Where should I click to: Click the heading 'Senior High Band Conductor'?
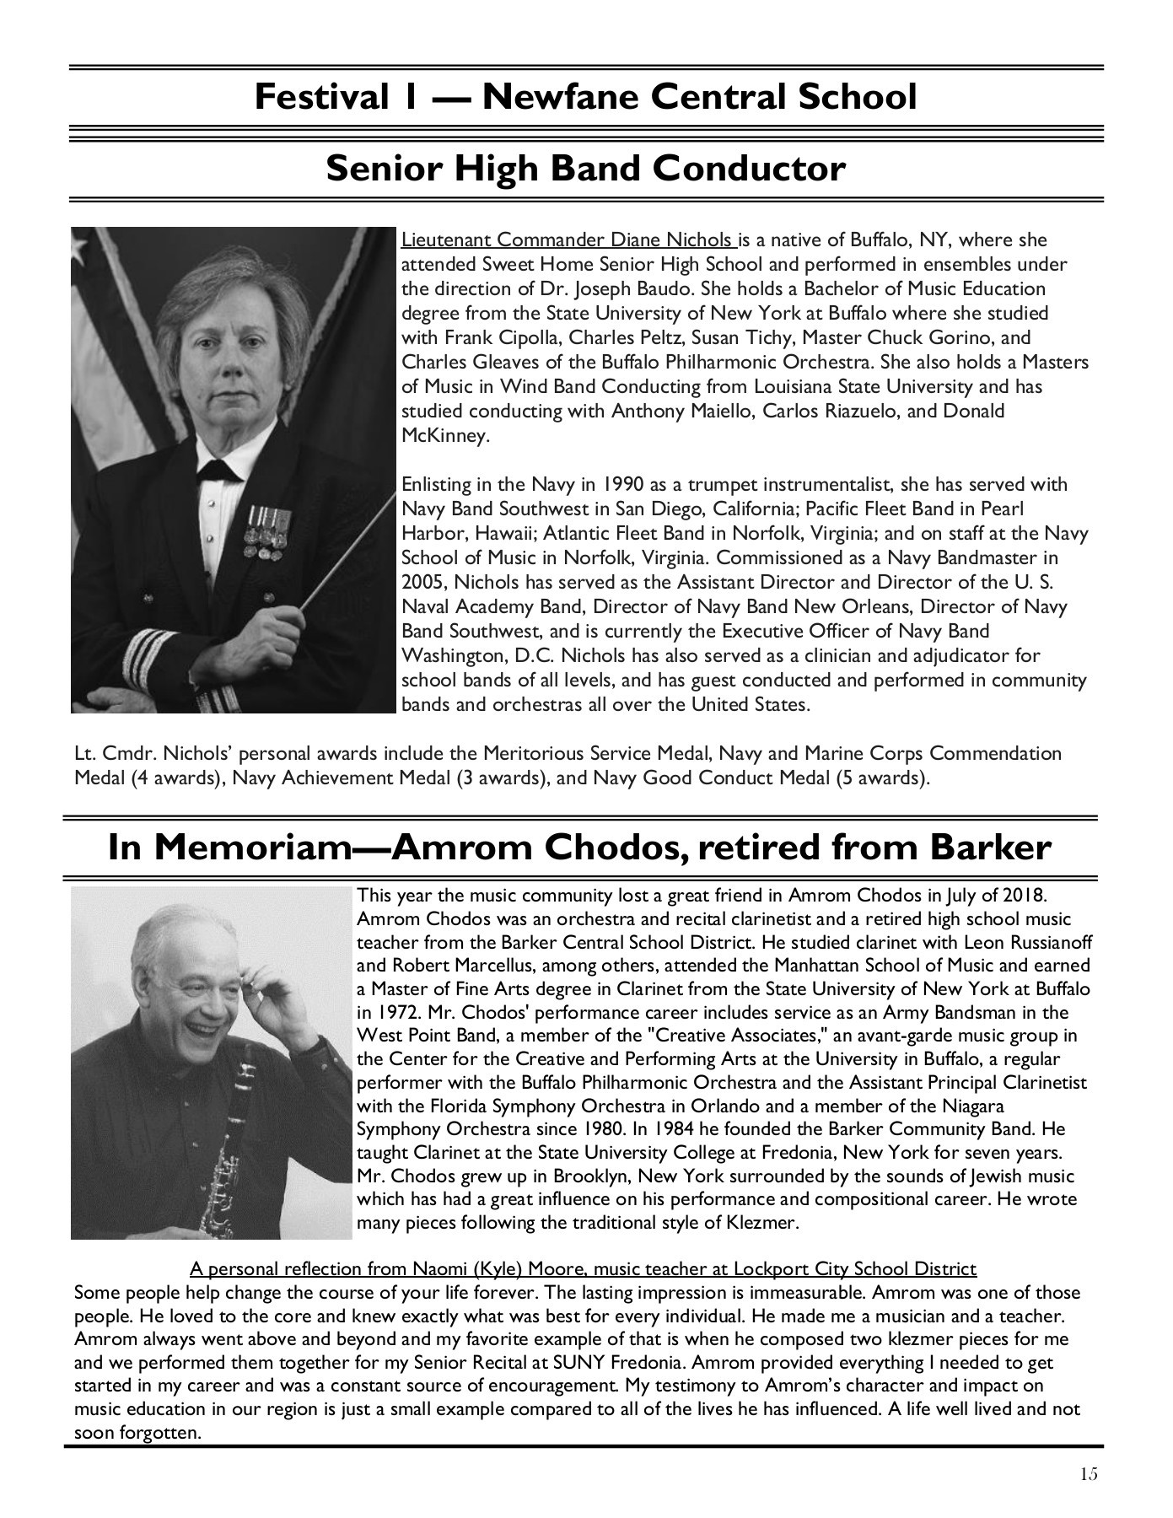pyautogui.click(x=585, y=169)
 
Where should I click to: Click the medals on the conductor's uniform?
pyautogui.click(x=268, y=530)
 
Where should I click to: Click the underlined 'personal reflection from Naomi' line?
pyautogui.click(x=583, y=1269)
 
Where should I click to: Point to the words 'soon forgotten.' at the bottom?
pyautogui.click(x=137, y=1434)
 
